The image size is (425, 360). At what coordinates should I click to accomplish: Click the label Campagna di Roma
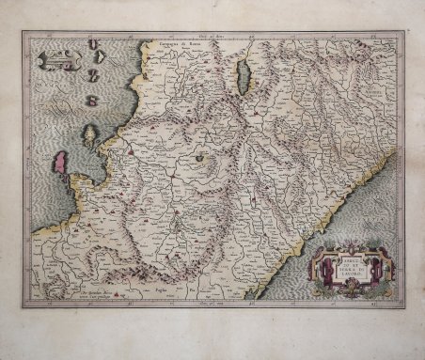tap(174, 43)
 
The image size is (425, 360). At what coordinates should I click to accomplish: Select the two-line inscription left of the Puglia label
tap(101, 292)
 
